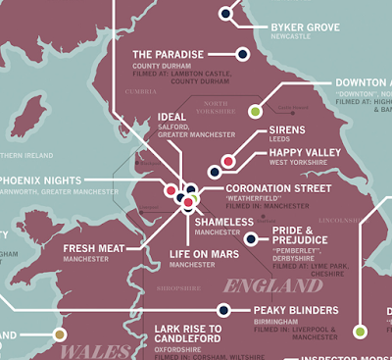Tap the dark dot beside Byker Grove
(x=226, y=14)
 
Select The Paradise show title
(x=168, y=53)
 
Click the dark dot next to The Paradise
(x=241, y=53)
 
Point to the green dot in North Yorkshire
(x=255, y=111)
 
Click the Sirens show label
(x=291, y=129)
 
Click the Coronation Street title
(x=282, y=188)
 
